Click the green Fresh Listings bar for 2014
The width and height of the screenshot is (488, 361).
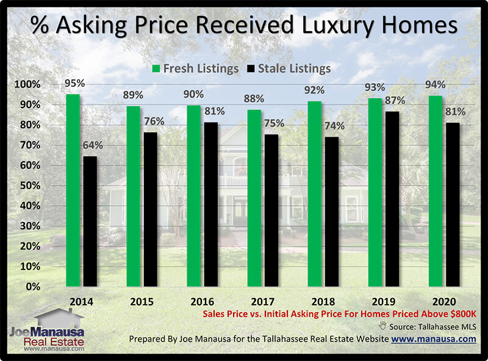point(73,190)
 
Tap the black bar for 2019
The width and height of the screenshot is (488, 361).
point(392,199)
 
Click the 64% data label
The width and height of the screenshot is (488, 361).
point(92,146)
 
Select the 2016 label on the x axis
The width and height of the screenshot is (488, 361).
point(202,302)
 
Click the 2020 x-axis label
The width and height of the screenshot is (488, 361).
point(444,302)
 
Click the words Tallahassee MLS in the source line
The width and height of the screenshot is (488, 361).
point(449,327)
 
